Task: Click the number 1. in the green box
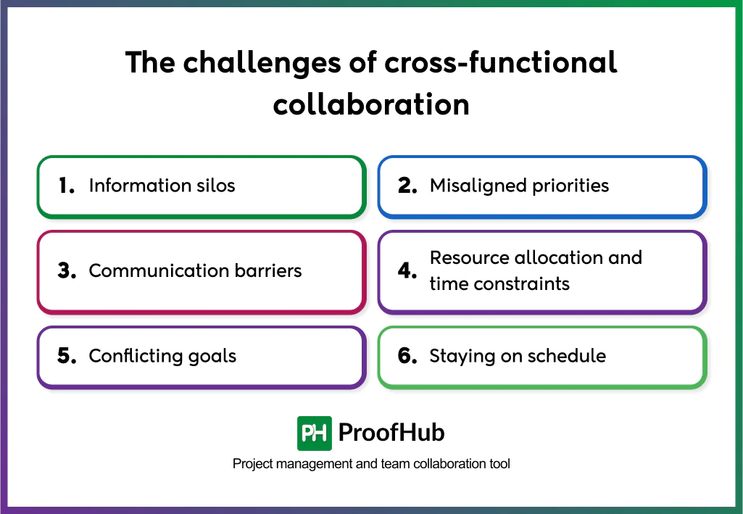tap(67, 186)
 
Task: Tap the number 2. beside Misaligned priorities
tap(407, 186)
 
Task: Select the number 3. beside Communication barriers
tap(67, 271)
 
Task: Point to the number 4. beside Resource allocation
tap(407, 271)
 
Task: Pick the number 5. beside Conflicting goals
tap(67, 356)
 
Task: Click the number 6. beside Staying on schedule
tap(407, 356)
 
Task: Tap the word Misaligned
tap(473, 186)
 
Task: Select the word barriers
tap(266, 271)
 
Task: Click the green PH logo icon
tap(315, 434)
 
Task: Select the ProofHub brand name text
tap(391, 434)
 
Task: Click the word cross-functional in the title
tap(500, 63)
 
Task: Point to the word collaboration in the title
tap(371, 104)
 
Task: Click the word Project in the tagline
tap(252, 464)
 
